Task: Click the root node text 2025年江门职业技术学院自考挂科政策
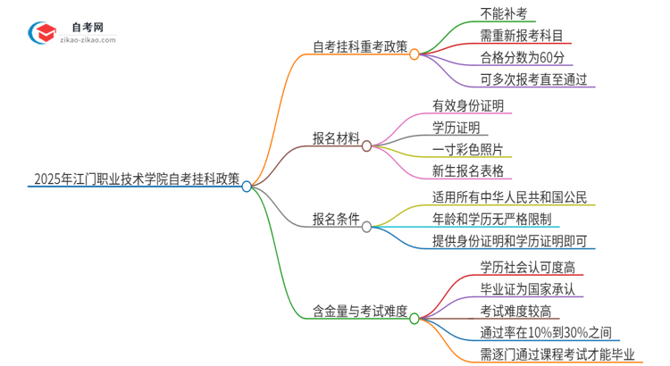135,179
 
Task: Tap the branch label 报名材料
336,139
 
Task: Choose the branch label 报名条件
336,218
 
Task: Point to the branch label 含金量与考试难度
355,311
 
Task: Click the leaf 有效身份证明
467,105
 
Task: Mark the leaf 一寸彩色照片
467,148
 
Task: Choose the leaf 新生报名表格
467,170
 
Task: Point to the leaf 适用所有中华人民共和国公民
509,197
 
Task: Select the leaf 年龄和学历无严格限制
491,219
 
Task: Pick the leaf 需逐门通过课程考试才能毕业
556,354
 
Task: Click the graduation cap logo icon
41,33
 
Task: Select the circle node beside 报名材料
367,144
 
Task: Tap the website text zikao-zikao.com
86,40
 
